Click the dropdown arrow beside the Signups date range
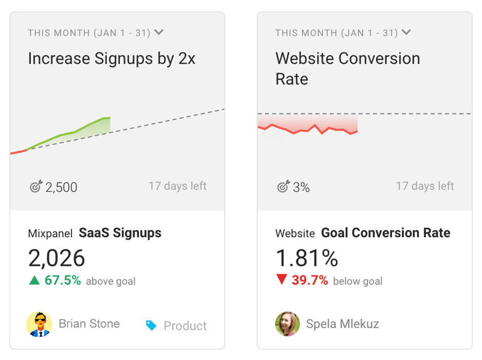pyautogui.click(x=159, y=32)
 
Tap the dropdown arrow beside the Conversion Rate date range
pyautogui.click(x=406, y=32)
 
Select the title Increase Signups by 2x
pyautogui.click(x=112, y=59)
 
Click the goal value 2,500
pyautogui.click(x=61, y=187)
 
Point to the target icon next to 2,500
pyautogui.click(x=35, y=186)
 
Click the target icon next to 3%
pyautogui.click(x=283, y=186)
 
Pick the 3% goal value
pyautogui.click(x=302, y=187)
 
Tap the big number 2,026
pyautogui.click(x=57, y=258)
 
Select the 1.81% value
pyautogui.click(x=307, y=258)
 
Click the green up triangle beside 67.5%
pyautogui.click(x=34, y=280)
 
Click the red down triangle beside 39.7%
pyautogui.click(x=281, y=280)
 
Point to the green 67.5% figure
pyautogui.click(x=63, y=280)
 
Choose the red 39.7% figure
pyautogui.click(x=310, y=280)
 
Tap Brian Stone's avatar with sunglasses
pyautogui.click(x=39, y=324)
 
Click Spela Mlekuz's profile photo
pyautogui.click(x=287, y=324)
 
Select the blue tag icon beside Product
pyautogui.click(x=151, y=325)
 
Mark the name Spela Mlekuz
pyautogui.click(x=342, y=324)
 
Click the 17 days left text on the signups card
pyautogui.click(x=177, y=186)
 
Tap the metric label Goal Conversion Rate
pyautogui.click(x=385, y=233)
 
